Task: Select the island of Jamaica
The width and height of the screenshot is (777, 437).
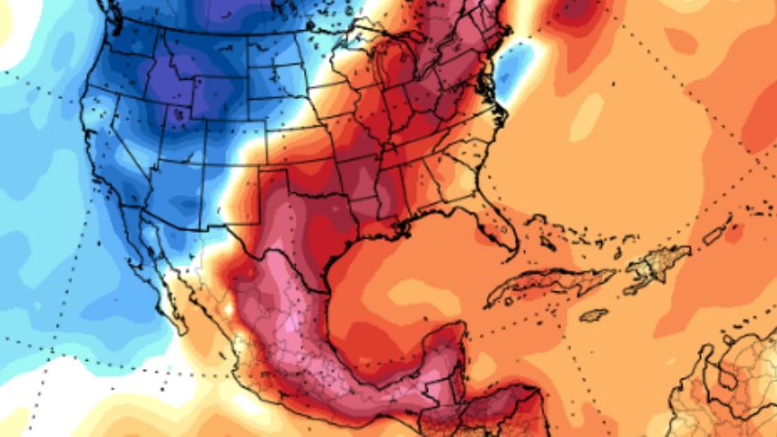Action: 595,314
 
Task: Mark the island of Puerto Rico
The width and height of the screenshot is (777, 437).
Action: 714,235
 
